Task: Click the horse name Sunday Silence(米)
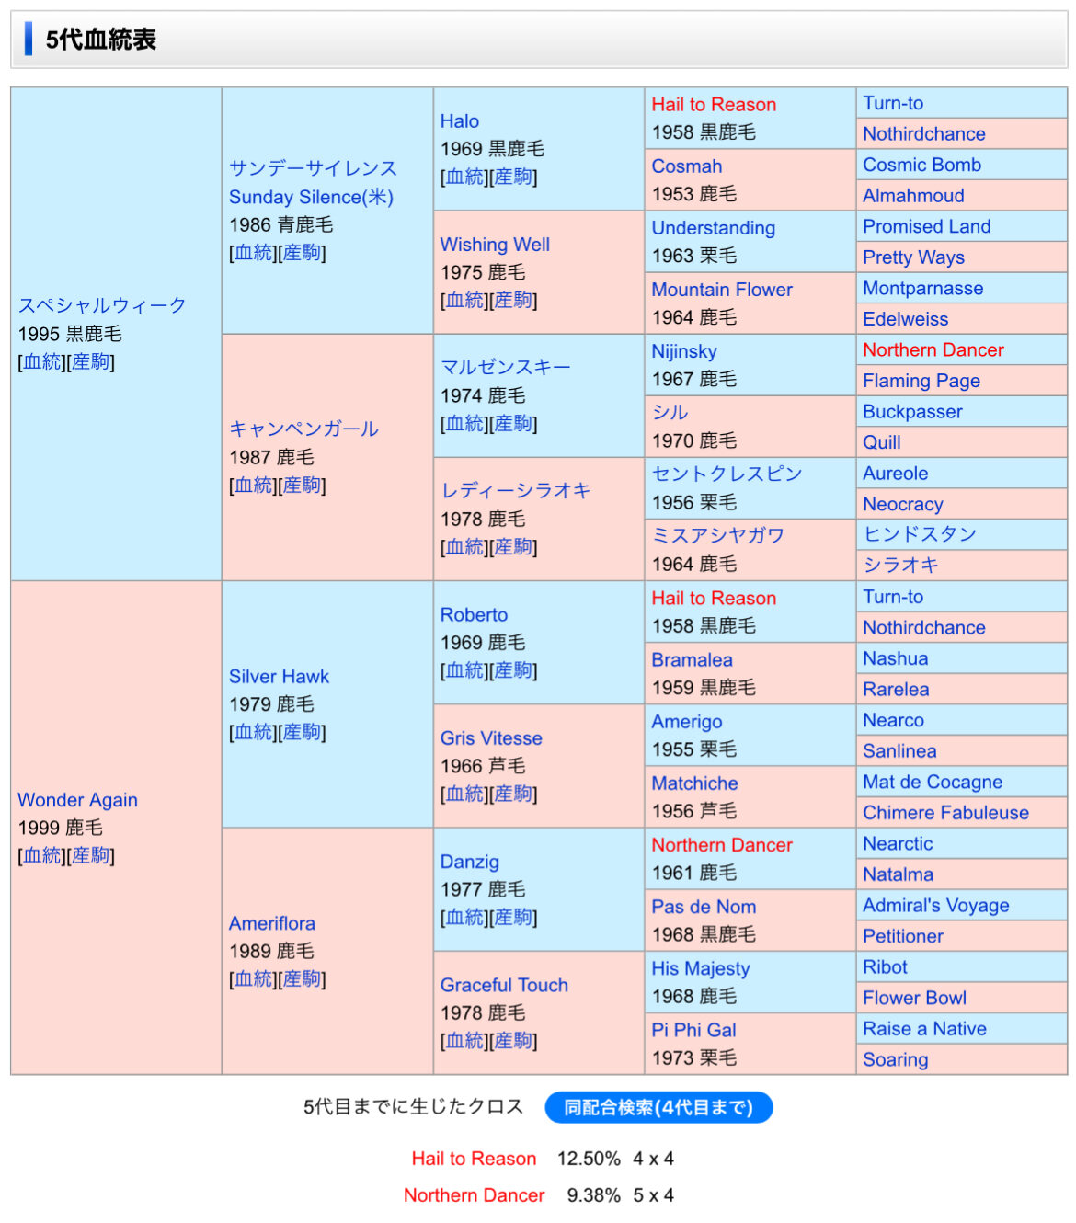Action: [x=311, y=197]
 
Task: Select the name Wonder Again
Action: [x=77, y=800]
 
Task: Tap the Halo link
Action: [x=459, y=121]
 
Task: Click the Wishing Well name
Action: [x=495, y=245]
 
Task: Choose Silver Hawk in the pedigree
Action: [x=279, y=677]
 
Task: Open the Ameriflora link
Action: [x=271, y=923]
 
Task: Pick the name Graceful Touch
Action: [x=504, y=985]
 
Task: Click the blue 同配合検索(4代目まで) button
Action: [x=658, y=1108]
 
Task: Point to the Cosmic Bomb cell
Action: [x=921, y=165]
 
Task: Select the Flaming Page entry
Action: [x=921, y=381]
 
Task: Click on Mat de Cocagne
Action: [x=932, y=782]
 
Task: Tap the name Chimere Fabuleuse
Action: [x=945, y=813]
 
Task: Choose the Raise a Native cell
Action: [x=924, y=1029]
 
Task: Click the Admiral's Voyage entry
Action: [x=935, y=906]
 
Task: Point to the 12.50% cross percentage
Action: [x=589, y=1159]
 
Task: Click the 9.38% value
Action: [x=593, y=1195]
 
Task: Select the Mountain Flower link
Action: [x=722, y=290]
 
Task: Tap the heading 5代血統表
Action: [x=101, y=40]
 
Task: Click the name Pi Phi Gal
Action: [x=693, y=1030]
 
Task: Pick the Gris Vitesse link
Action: [x=491, y=738]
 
